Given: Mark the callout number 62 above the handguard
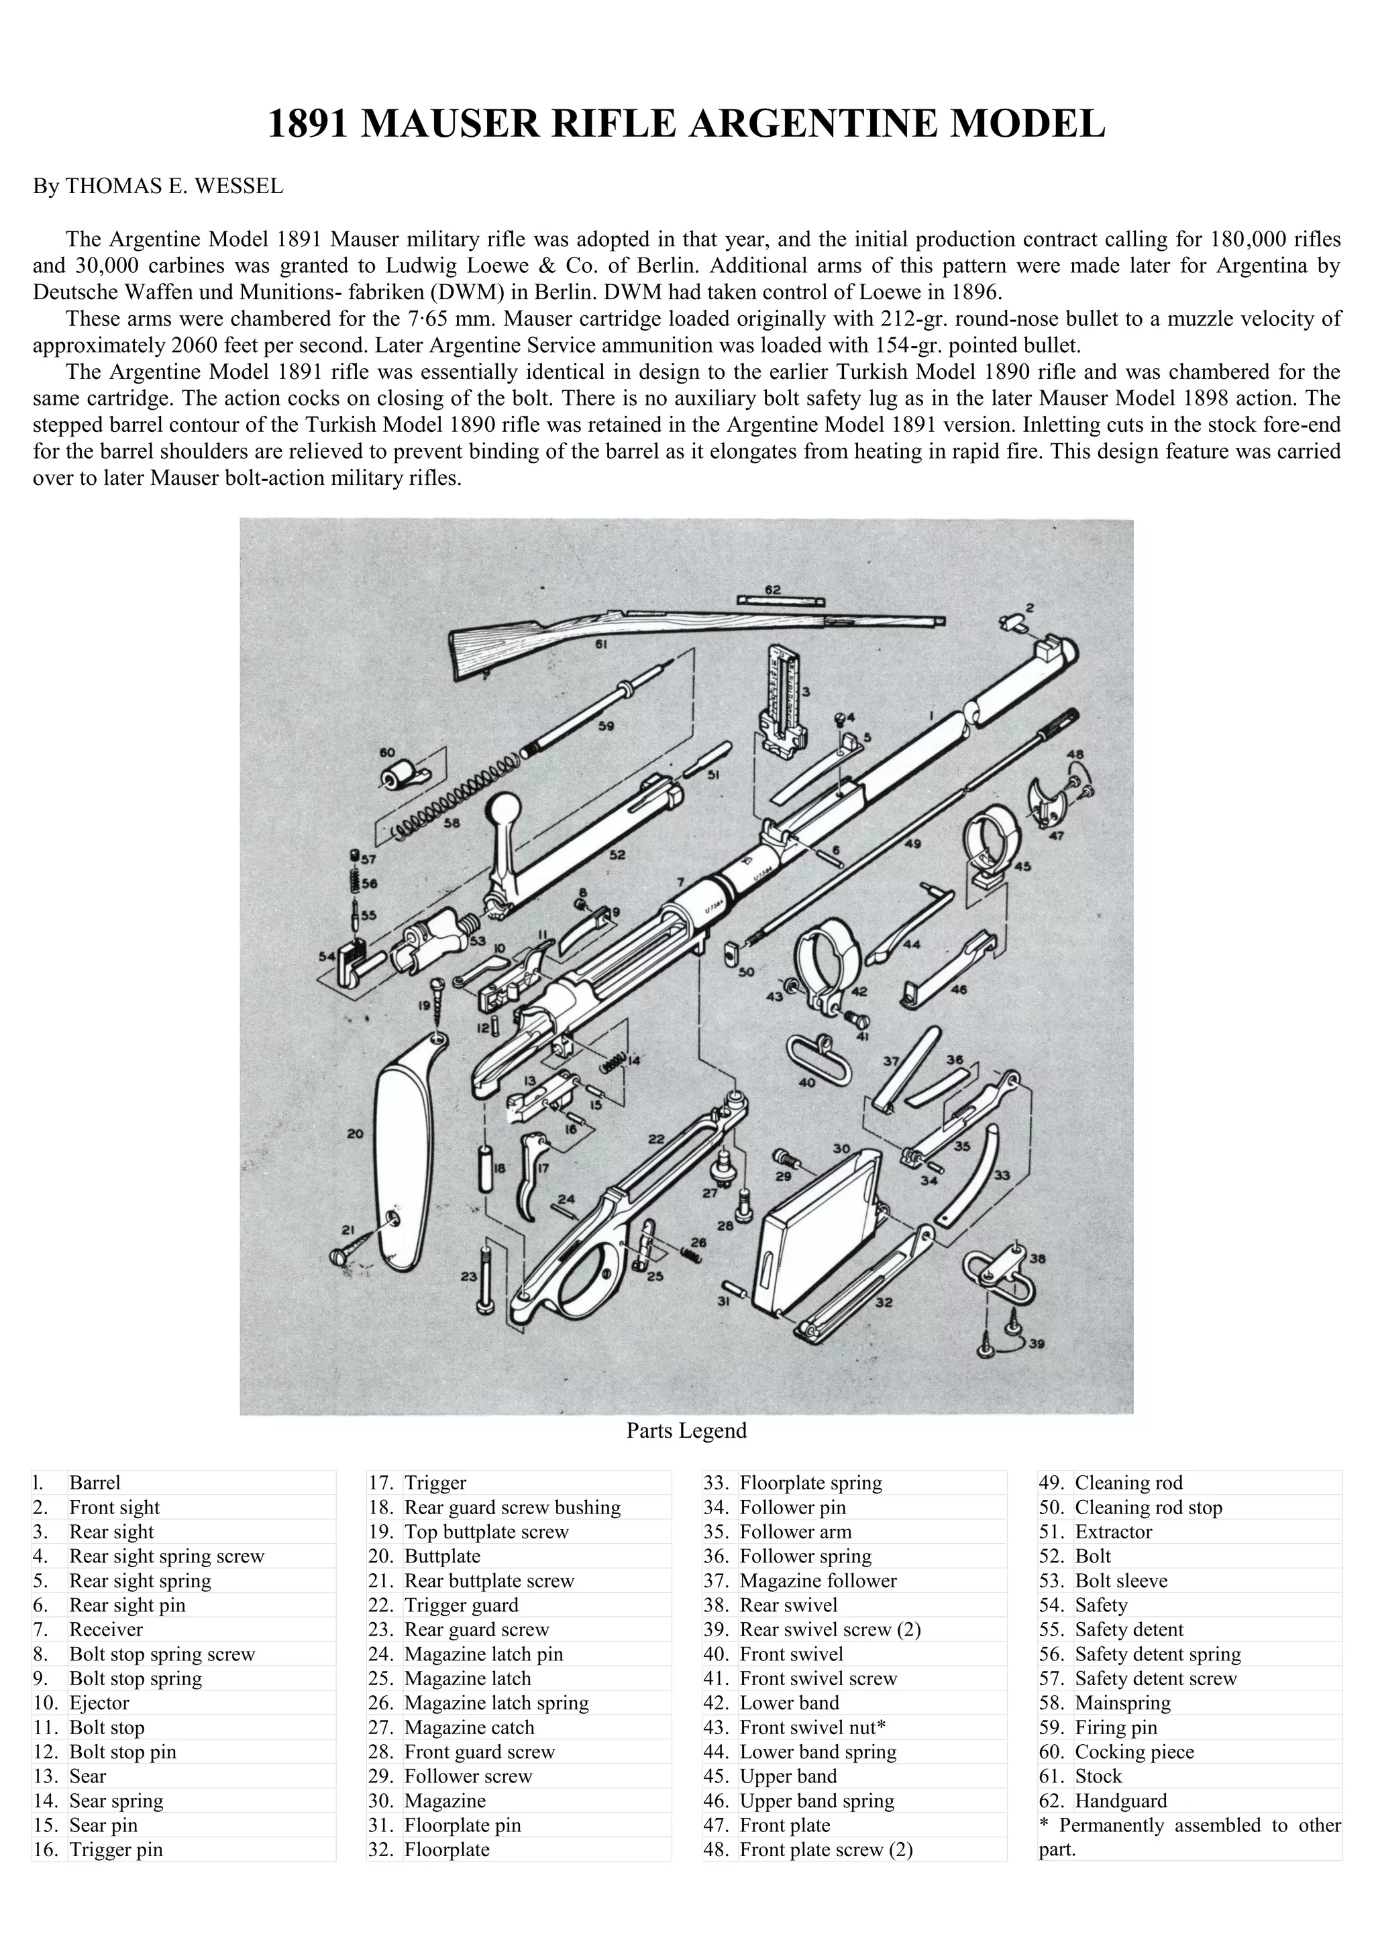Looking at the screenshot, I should (772, 589).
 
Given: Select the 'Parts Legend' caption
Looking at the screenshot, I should (686, 1430).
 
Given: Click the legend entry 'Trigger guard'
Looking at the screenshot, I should (461, 1605).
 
